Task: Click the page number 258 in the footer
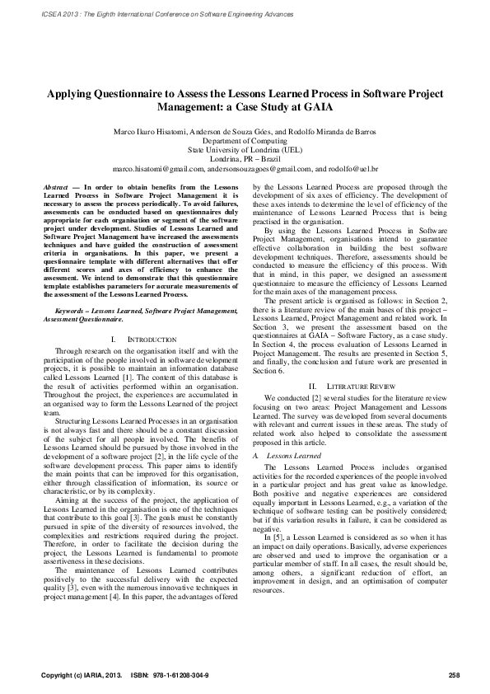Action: [453, 677]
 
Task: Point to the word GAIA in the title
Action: [309, 106]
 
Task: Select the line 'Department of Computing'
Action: [245, 142]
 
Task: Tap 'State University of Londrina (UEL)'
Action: [245, 151]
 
